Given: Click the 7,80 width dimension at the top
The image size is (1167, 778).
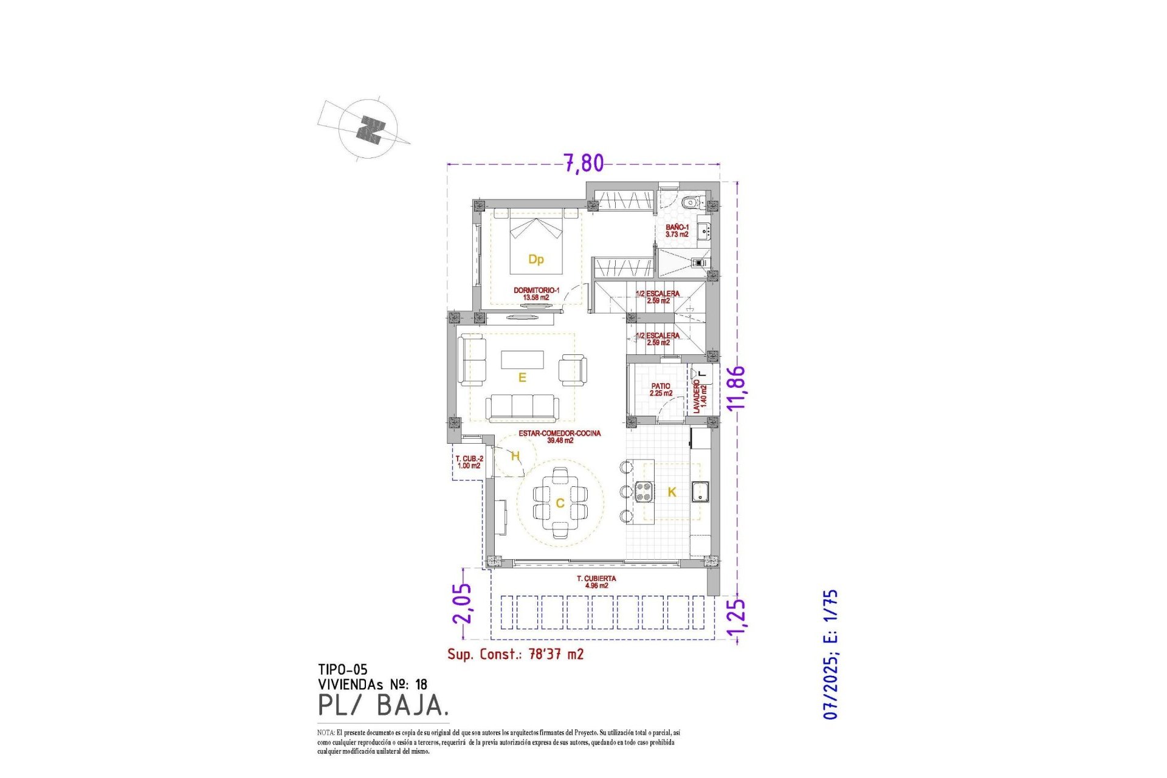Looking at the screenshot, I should coord(583,163).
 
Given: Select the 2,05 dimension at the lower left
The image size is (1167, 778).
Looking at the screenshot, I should coord(462,603).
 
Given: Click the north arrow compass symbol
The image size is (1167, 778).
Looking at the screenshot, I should coord(368,129).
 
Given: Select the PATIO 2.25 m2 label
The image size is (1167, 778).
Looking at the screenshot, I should coord(661,390).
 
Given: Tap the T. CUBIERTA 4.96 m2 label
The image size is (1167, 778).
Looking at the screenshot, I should coord(596,582).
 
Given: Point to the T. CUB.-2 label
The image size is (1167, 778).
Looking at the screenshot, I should coord(469,462).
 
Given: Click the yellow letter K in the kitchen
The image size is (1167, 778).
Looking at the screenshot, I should coord(672,492).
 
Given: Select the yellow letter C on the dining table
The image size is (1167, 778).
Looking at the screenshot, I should coord(560,503).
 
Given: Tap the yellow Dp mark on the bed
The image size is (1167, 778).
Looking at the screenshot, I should coord(535,260).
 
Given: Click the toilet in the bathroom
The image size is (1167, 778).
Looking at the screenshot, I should coord(689,202).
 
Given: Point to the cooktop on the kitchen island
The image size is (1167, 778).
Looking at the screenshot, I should coord(644,491).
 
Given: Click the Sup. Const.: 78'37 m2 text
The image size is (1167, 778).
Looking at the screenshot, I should coord(515,654).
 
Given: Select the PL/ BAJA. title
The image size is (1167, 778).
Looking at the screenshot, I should coord(383,705).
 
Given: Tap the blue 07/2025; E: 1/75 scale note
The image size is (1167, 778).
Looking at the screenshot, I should coord(830,654).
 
